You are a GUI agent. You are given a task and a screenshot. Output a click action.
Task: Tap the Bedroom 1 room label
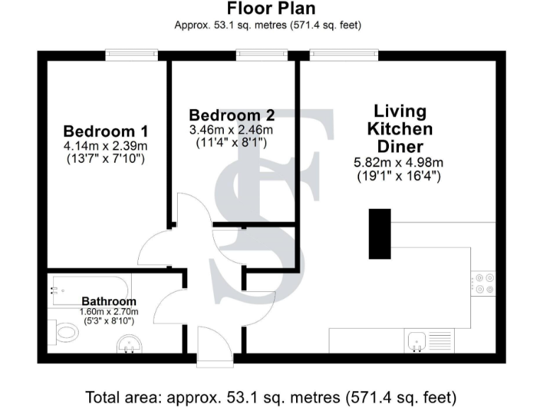click(x=105, y=132)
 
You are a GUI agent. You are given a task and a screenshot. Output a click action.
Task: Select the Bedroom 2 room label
click(x=232, y=115)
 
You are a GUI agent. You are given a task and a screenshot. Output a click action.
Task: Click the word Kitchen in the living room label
click(x=399, y=130)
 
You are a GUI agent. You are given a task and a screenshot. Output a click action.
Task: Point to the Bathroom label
click(x=108, y=302)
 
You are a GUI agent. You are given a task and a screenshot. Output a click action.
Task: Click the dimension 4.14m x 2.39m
click(x=105, y=146)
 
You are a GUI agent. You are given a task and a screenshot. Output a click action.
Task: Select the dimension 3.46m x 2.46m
click(x=232, y=130)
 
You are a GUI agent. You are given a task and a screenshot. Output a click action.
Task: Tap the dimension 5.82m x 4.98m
click(x=399, y=162)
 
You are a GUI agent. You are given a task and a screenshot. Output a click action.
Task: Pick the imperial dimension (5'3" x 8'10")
click(x=108, y=321)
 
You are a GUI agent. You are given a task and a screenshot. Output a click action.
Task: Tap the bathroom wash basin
click(x=130, y=345)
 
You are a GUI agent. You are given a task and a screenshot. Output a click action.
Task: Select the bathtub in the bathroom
click(x=89, y=290)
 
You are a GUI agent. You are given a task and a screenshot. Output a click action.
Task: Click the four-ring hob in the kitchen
click(x=484, y=283)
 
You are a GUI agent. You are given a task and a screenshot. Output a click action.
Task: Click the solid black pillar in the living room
click(x=380, y=234)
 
